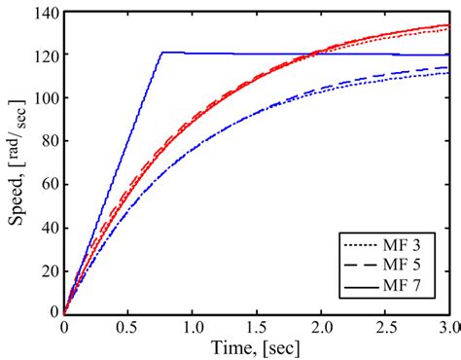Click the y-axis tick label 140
tap(44, 13)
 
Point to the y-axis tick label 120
tap(44, 55)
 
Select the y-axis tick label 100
tap(44, 98)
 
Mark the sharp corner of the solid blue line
tap(161, 53)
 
